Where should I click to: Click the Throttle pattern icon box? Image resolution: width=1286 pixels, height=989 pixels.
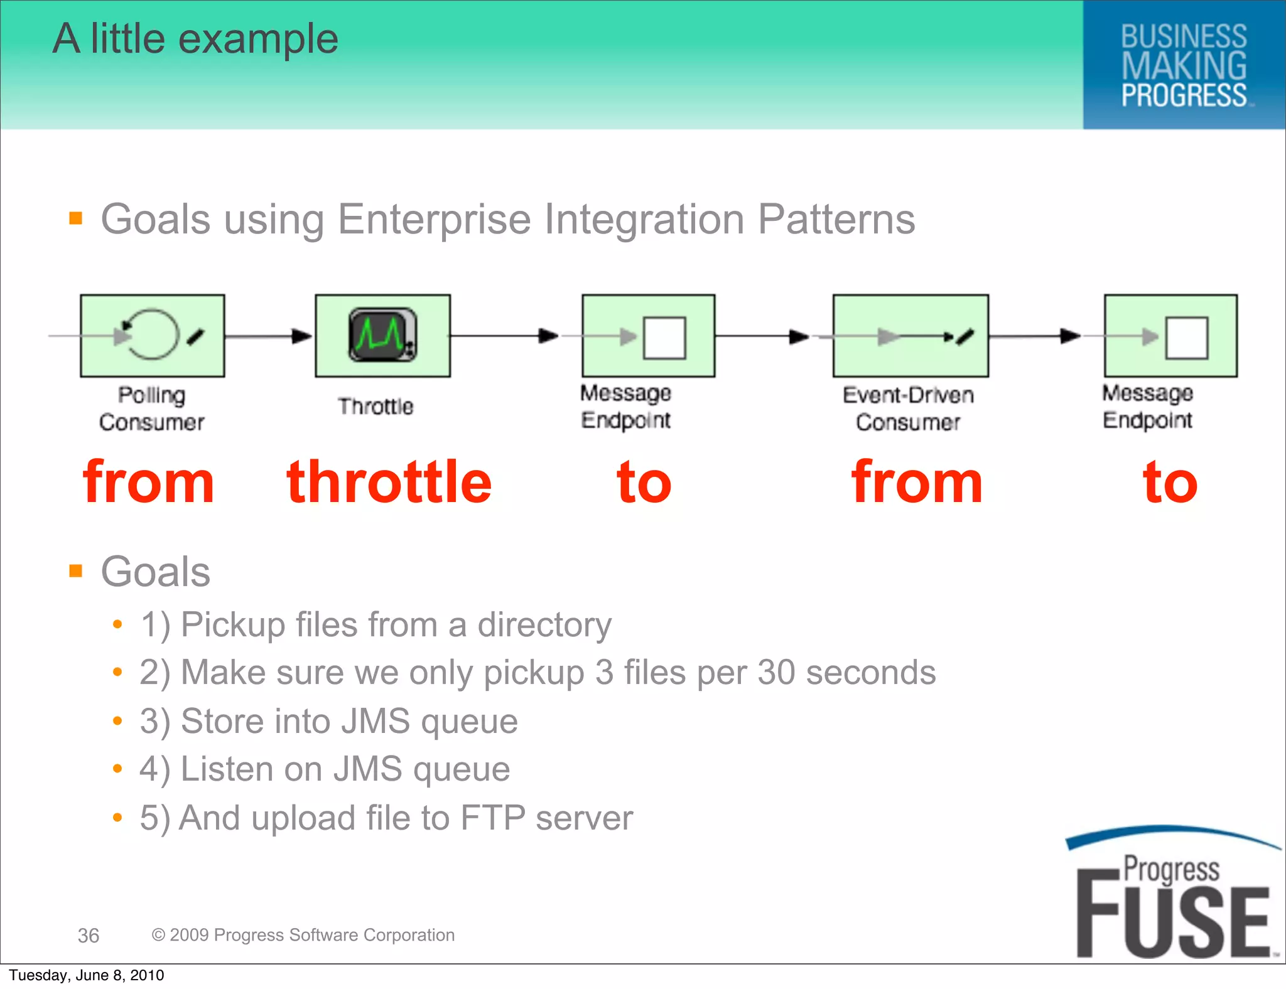coord(382,336)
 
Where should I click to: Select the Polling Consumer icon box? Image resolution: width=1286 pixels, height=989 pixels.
coord(153,336)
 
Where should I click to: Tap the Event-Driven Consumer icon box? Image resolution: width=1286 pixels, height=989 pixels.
coord(910,336)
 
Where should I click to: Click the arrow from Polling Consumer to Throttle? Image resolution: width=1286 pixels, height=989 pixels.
coord(269,336)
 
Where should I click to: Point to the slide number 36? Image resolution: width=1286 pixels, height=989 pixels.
coord(89,935)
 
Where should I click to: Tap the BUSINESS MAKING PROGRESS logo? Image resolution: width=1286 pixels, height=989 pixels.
coord(1184,65)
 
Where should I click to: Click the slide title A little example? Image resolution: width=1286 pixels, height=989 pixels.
coord(195,39)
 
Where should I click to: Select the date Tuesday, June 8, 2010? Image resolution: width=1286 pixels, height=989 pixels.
coord(87,975)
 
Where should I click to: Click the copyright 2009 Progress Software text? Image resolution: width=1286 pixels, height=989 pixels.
coord(303,934)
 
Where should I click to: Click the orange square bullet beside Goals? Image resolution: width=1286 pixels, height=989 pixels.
coord(76,570)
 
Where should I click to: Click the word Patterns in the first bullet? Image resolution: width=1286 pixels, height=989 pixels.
coord(836,219)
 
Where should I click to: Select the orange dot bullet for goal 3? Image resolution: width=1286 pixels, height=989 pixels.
coord(117,720)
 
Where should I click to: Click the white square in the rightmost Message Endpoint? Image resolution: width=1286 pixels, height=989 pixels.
coord(1186,338)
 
